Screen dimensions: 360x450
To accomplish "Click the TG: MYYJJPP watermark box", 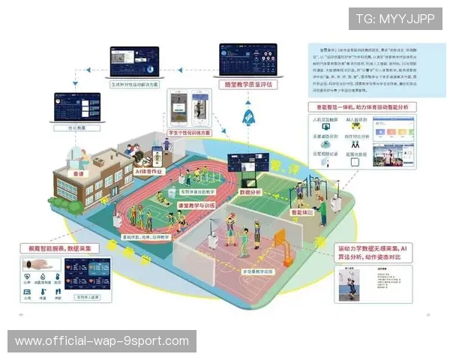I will pos(394,19).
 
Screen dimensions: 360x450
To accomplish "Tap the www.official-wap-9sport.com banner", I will pos(102,341).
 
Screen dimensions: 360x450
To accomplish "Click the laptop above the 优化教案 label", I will pos(76,107).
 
